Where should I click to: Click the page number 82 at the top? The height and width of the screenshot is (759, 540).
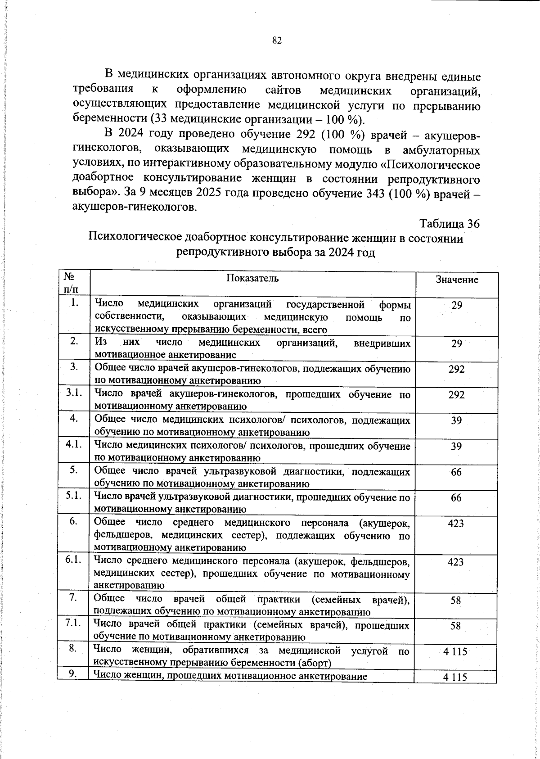tap(277, 41)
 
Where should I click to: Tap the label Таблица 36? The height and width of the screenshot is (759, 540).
tap(449, 223)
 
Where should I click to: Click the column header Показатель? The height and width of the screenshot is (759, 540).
tap(252, 278)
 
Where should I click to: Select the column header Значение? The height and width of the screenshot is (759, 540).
tap(457, 280)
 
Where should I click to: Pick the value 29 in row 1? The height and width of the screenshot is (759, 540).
tap(457, 305)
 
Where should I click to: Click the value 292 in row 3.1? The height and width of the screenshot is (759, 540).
tap(456, 395)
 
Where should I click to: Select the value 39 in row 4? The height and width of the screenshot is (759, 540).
tap(456, 420)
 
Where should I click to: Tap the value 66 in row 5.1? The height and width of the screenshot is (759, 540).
tap(456, 497)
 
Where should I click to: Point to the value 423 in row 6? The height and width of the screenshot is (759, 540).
tap(456, 523)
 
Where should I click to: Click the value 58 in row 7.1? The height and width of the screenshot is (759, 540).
tap(456, 626)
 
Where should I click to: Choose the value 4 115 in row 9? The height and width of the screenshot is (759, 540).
tap(455, 677)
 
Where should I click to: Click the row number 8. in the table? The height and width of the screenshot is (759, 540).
tap(73, 648)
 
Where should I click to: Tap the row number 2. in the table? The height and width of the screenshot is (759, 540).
tap(74, 341)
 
